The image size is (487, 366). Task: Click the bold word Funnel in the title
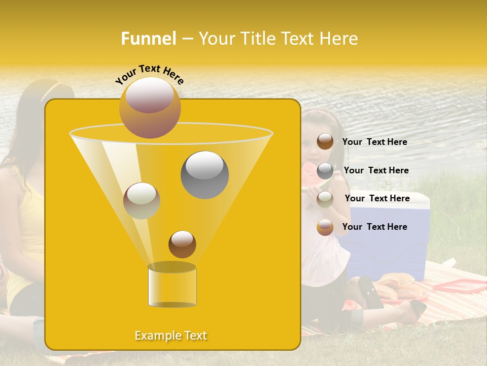coord(148,39)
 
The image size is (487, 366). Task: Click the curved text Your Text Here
coord(150,74)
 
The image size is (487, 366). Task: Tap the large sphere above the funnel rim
coord(150,107)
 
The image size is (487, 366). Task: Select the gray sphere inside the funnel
coord(204,174)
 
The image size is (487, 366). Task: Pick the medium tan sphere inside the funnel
coord(142,201)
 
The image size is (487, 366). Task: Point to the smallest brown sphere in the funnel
coord(182,244)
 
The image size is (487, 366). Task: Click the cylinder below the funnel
coord(172,286)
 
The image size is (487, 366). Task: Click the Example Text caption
coord(171,335)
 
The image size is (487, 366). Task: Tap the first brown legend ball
coord(325,141)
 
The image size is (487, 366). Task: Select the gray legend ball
coord(325,171)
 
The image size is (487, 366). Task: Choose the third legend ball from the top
coord(325,199)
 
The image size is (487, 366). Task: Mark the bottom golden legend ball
coord(325,227)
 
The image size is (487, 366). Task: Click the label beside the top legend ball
coord(374,142)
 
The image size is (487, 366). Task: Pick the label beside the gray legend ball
coord(376,170)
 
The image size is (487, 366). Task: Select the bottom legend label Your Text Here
coord(374,227)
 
